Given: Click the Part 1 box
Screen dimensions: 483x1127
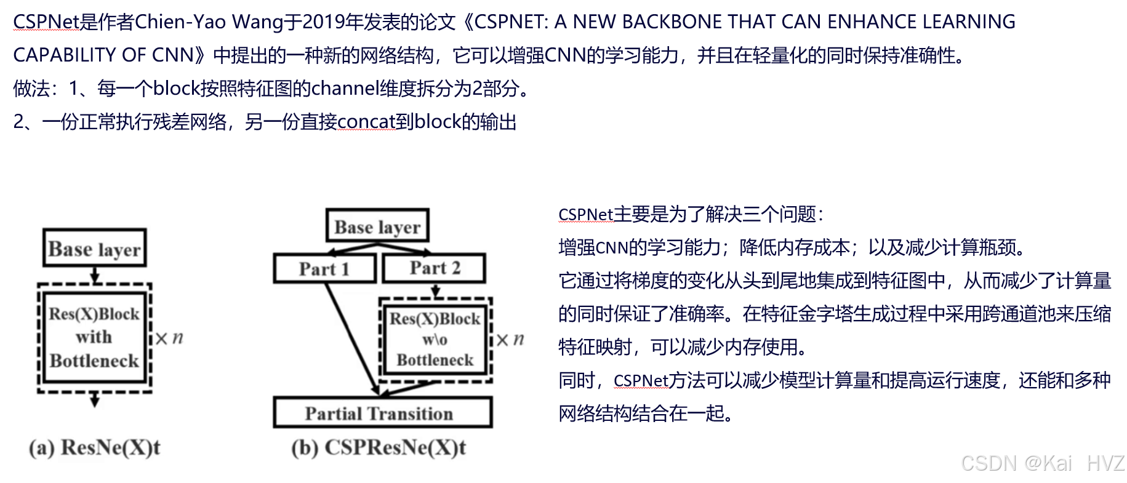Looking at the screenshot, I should (324, 269).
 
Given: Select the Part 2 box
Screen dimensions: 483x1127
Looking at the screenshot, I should (434, 268).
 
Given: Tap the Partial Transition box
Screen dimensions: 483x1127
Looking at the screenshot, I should (382, 413).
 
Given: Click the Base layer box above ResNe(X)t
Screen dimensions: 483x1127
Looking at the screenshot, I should (95, 249).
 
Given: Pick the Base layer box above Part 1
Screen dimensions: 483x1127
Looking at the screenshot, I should (377, 226).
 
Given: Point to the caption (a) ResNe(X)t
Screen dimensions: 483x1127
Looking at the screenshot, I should (94, 447).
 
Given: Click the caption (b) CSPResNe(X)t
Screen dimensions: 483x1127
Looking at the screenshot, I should (379, 447).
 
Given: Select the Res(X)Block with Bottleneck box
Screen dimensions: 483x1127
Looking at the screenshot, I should (94, 337).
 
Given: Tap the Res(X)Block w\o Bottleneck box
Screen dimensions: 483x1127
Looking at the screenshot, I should (435, 338).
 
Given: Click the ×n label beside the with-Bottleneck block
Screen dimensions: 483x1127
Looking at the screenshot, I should (169, 338).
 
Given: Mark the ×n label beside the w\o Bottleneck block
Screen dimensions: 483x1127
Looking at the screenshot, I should (510, 340).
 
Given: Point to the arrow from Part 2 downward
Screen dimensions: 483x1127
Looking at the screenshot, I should (436, 290).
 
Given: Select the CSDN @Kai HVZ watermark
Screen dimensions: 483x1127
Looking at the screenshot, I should (1043, 463).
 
